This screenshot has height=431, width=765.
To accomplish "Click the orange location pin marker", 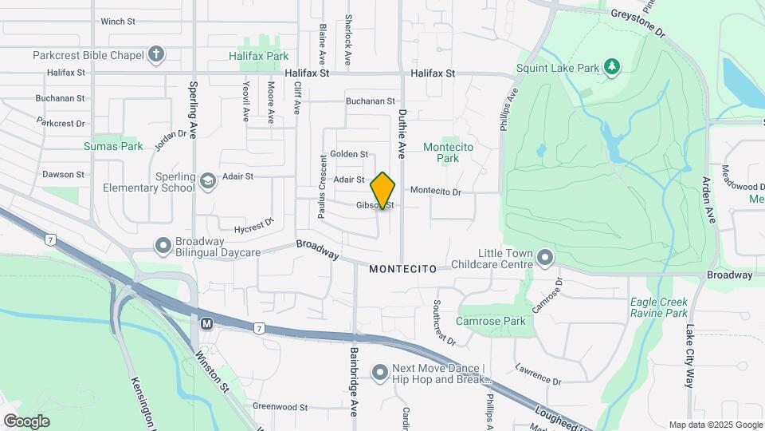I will (x=383, y=190).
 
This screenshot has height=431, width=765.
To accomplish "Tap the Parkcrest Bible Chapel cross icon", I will (x=156, y=55).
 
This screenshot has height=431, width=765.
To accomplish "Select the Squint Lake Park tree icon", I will (x=611, y=67).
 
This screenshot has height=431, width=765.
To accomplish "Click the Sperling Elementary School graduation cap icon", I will (x=208, y=182).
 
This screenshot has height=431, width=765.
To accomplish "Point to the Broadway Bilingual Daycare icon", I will (x=163, y=245).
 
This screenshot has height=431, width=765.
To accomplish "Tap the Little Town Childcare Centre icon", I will (x=545, y=257).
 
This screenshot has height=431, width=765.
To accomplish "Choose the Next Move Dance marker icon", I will (x=380, y=372).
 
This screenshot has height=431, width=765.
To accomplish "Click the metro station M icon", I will (x=207, y=324).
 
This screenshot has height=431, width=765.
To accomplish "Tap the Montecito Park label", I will (x=448, y=152).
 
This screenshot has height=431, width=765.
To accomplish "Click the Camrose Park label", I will (x=491, y=321).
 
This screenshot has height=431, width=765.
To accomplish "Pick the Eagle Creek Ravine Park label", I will (x=658, y=307).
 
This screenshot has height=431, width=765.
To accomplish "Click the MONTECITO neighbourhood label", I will (x=403, y=270).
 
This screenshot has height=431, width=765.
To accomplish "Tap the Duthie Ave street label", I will (x=402, y=132).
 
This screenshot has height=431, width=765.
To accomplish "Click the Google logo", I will (x=26, y=421).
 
